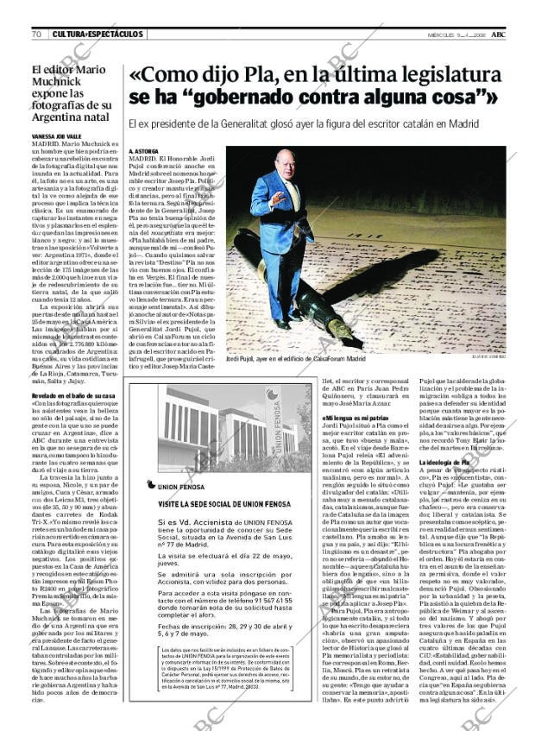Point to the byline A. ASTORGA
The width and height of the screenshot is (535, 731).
(143, 150)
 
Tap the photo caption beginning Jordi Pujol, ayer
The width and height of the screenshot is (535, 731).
(284, 358)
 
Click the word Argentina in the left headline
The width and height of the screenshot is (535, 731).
(54, 116)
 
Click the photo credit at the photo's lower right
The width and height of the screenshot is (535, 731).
(488, 358)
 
